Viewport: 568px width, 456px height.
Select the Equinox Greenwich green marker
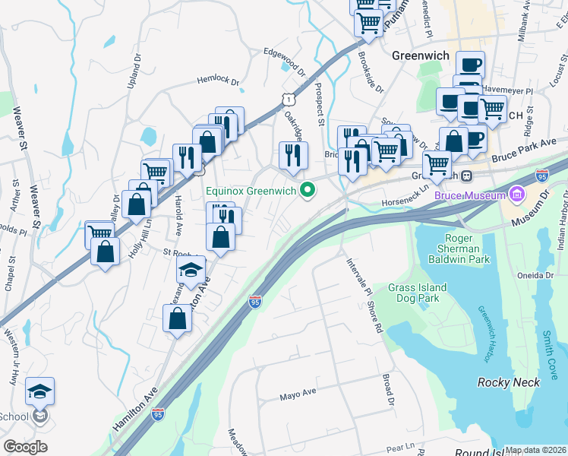pyautogui.click(x=308, y=190)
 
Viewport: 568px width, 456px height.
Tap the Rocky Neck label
pyautogui.click(x=508, y=382)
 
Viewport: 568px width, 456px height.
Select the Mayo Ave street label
pyautogui.click(x=298, y=394)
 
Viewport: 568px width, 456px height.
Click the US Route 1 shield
pyautogui.click(x=287, y=99)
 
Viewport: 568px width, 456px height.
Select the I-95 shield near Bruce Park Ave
pyautogui.click(x=542, y=175)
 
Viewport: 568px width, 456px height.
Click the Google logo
pyautogui.click(x=25, y=447)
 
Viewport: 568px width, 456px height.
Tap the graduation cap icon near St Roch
pyautogui.click(x=191, y=268)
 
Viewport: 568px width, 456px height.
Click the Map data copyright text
pyautogui.click(x=535, y=450)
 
